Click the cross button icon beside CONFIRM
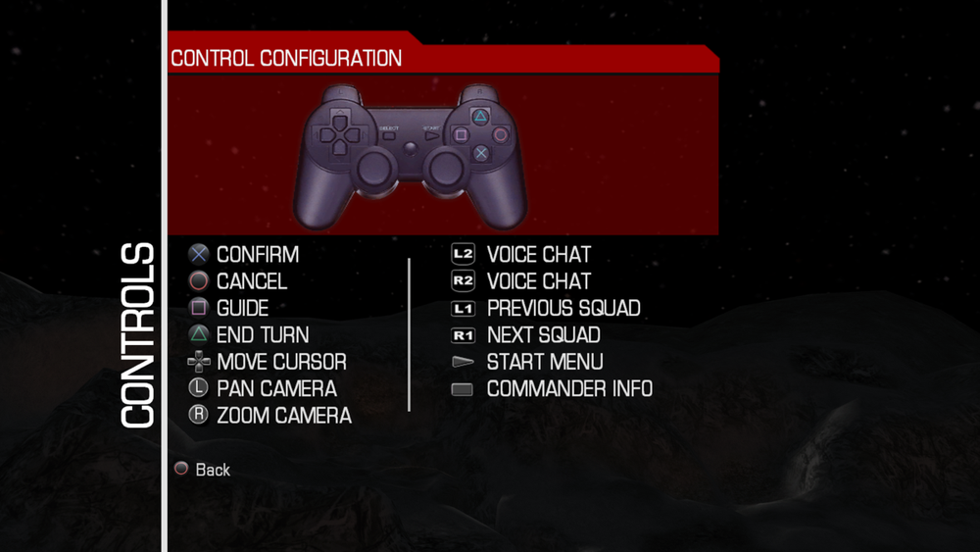coord(199,254)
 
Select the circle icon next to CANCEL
coord(199,280)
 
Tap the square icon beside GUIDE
coord(199,308)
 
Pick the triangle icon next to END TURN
coord(199,334)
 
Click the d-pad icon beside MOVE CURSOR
coord(199,362)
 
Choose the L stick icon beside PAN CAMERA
coord(199,387)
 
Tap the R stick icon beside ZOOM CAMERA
coord(199,415)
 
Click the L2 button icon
coord(464,254)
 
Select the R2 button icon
coord(464,280)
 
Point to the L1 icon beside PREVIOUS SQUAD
coord(464,308)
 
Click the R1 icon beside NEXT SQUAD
coord(464,335)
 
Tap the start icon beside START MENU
coord(464,362)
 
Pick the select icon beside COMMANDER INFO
coord(463,389)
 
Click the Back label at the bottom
coord(213,470)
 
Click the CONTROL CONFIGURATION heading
coord(286,58)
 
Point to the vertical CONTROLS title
coord(137,335)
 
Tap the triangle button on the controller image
coord(480,117)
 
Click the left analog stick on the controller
coord(373,168)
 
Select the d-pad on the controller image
coord(339,133)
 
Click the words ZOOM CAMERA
coord(284,415)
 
